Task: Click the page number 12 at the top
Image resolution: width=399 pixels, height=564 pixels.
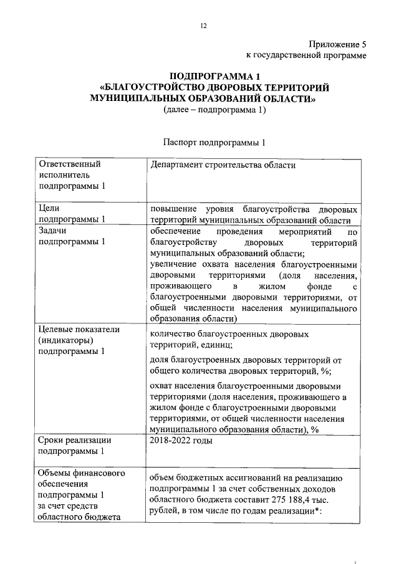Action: [203, 26]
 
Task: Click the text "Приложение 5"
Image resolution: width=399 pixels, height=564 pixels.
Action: [337, 44]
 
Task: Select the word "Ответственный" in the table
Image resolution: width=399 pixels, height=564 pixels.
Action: [69, 165]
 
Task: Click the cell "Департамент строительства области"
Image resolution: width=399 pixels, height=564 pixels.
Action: [223, 165]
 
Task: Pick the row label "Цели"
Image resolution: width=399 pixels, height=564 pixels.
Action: [49, 208]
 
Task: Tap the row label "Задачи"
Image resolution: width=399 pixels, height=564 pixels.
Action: [54, 231]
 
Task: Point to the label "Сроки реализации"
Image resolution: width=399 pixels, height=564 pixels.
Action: [75, 440]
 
